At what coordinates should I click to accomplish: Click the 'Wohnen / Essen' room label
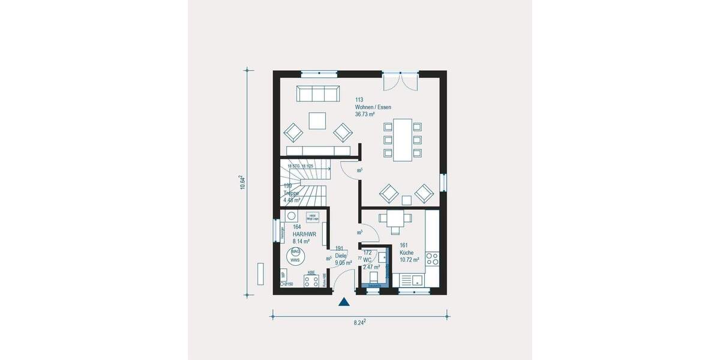[373, 107]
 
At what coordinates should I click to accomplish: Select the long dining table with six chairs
[402, 140]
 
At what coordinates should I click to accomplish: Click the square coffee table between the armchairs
[317, 121]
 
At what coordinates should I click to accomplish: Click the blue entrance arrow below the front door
[344, 302]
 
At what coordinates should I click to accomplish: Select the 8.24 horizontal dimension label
[360, 322]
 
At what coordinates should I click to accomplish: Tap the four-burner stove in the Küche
[432, 259]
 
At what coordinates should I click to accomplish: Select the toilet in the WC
[373, 278]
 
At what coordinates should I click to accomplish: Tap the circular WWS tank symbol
[295, 256]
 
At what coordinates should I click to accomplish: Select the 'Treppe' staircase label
[292, 193]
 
